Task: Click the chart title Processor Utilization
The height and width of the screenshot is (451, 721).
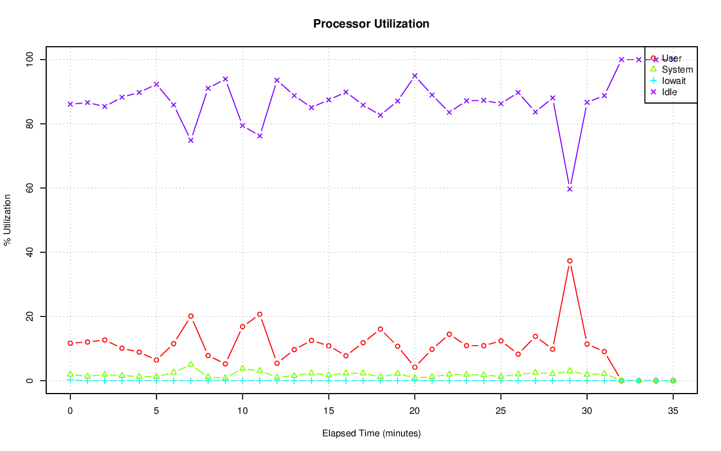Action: coord(371,24)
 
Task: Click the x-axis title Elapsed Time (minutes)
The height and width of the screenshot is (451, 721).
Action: coord(371,434)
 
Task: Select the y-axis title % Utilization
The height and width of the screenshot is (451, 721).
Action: coord(8,220)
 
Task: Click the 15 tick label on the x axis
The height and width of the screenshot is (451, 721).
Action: coord(328,411)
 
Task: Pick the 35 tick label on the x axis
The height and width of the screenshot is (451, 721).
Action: coord(673,411)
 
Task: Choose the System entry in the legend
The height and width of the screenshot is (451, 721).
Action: coord(677,70)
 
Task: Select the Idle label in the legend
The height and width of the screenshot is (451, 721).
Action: coord(669,92)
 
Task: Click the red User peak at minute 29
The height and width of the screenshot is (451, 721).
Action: coord(569,261)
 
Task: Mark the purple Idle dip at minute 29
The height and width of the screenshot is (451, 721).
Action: coord(569,189)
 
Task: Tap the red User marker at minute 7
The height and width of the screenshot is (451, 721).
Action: coord(191,316)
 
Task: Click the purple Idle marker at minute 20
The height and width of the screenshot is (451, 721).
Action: coord(415,76)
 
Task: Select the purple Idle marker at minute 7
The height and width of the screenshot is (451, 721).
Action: coord(191,140)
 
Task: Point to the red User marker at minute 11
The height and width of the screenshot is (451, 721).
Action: coord(260,314)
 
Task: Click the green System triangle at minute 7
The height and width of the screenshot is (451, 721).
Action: coord(191,364)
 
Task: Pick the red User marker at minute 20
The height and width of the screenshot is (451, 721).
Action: coord(415,367)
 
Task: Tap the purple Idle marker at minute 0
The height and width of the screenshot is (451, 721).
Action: coord(70,104)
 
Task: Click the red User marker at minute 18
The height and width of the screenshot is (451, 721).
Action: coord(380,329)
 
